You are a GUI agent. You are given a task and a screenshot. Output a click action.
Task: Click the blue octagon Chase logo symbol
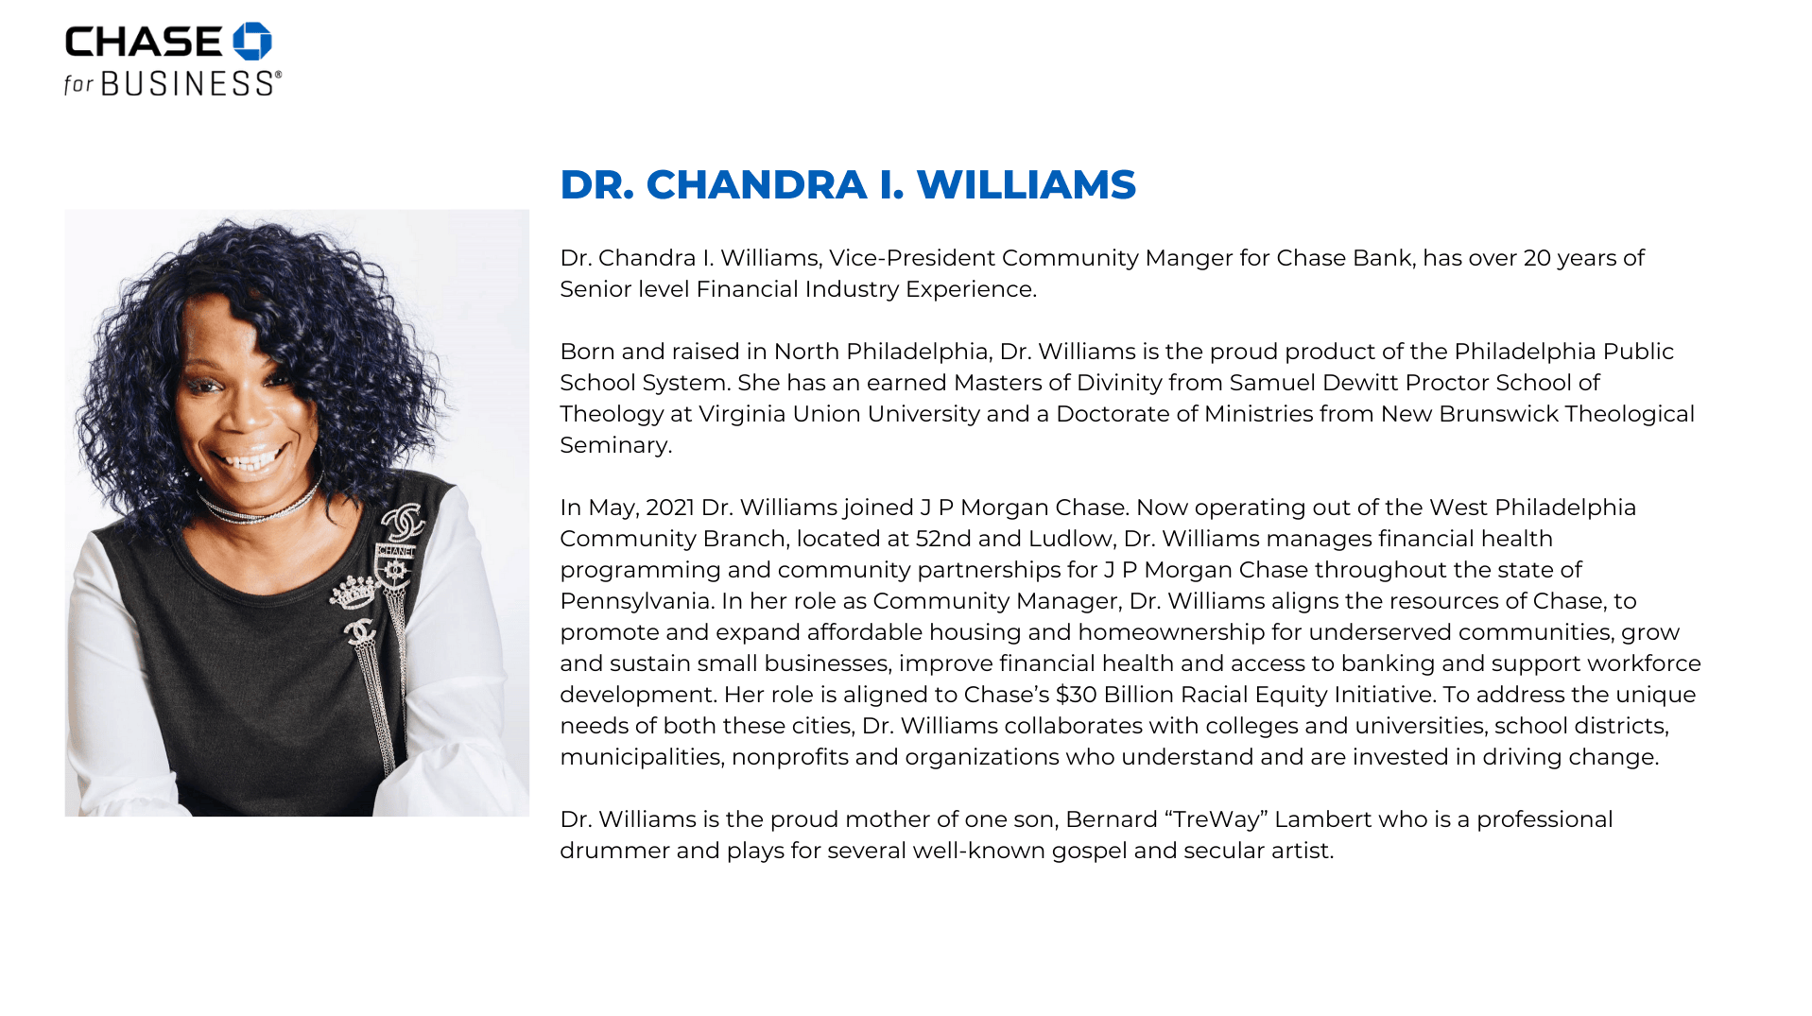[252, 42]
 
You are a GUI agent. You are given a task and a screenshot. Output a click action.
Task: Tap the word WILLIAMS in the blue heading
[1026, 184]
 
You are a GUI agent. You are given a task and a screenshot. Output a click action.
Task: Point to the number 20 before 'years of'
[1537, 258]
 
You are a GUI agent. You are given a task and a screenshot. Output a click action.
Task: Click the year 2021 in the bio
[670, 508]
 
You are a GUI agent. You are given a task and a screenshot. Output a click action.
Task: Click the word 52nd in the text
[943, 539]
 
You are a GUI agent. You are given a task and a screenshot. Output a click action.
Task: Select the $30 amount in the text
[1076, 695]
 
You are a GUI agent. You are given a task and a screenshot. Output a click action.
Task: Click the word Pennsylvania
[635, 601]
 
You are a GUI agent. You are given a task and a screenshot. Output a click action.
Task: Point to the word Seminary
[614, 445]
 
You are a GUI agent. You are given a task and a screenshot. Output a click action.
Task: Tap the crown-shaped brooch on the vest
[354, 594]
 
